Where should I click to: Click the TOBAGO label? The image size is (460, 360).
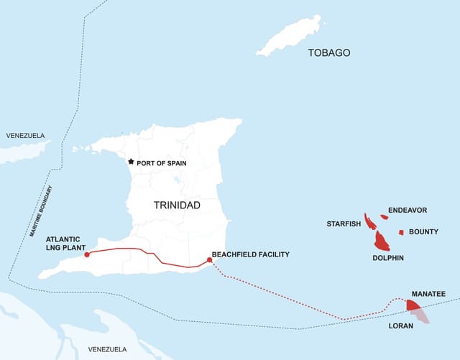pos(329,53)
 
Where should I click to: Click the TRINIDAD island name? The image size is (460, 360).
pos(177,206)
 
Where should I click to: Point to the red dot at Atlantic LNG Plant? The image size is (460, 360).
pos(86,254)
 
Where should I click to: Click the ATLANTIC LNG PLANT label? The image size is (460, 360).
pos(70,244)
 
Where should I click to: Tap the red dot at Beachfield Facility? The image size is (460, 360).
pos(209,260)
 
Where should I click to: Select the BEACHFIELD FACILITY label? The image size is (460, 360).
pos(250,254)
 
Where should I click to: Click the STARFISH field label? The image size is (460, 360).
pos(344,224)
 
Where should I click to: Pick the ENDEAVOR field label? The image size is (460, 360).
pos(408,211)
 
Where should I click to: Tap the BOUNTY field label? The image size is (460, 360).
pos(423,232)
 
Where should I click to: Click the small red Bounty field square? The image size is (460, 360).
pos(401,232)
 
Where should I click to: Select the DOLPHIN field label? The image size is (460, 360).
pos(388,258)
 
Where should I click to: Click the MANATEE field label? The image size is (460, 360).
pos(428,295)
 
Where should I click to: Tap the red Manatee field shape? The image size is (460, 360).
pos(413,305)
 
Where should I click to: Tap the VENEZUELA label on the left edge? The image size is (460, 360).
pos(25,136)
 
